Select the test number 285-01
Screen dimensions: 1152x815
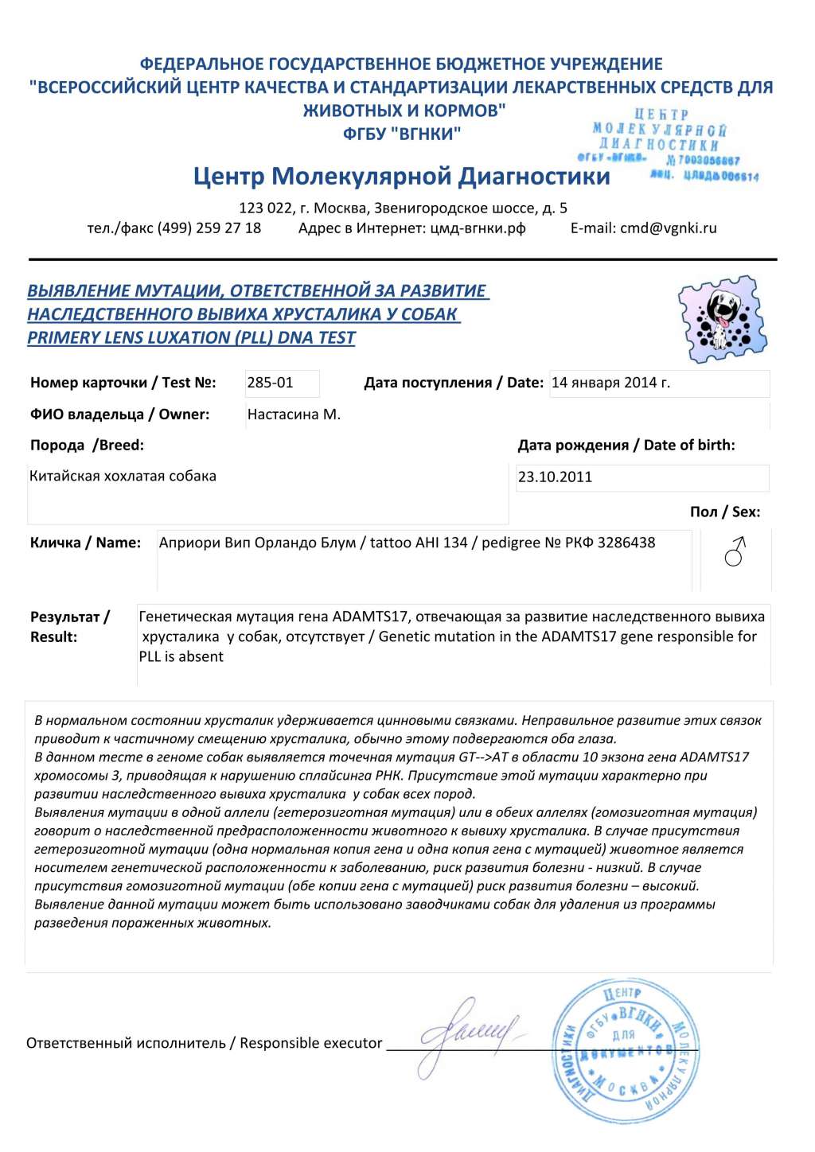(271, 383)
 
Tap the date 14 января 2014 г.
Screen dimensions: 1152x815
(610, 383)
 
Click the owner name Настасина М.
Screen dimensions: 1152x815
(294, 414)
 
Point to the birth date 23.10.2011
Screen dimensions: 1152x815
(555, 477)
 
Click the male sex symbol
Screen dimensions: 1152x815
(735, 551)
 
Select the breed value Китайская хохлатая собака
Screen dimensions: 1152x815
(123, 477)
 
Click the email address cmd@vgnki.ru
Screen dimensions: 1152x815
(668, 228)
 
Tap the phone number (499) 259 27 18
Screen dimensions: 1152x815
(209, 228)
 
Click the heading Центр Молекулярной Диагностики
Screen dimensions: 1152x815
(401, 176)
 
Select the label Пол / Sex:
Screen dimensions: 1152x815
(725, 512)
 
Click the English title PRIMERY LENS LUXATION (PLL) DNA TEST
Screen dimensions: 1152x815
(191, 337)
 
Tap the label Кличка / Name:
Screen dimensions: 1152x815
(85, 543)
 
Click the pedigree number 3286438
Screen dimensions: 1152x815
(626, 543)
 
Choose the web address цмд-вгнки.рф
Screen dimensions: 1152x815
(478, 228)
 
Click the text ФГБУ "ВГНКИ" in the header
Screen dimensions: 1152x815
(401, 134)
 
